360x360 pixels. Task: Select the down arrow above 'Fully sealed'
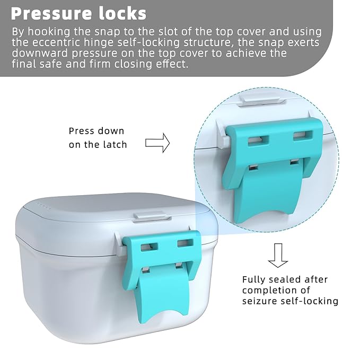277,256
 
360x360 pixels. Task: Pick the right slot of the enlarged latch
303,136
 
